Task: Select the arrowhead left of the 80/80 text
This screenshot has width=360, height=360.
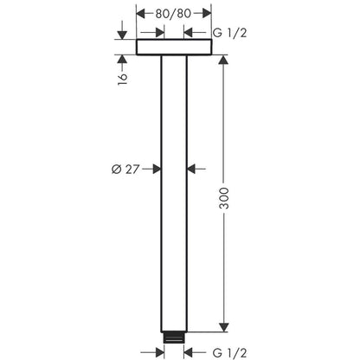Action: point(143,14)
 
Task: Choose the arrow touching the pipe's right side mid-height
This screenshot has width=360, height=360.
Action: point(194,169)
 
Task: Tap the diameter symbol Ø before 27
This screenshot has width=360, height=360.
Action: point(118,169)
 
